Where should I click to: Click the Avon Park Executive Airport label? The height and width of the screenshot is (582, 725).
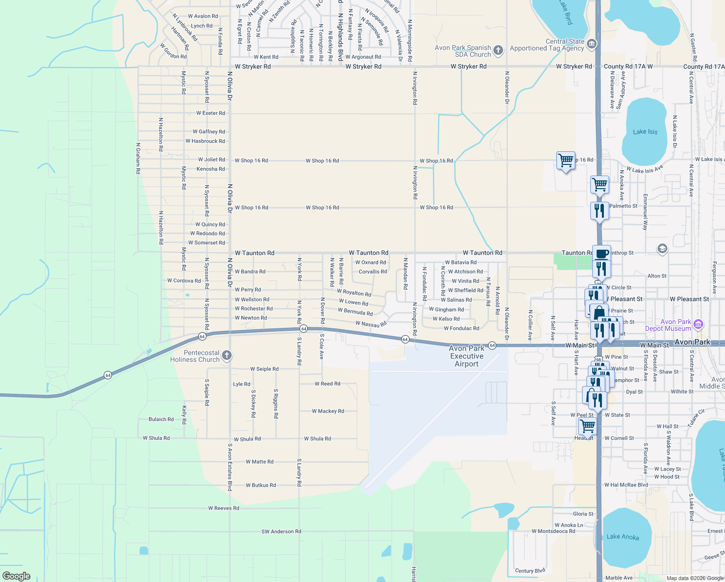pyautogui.click(x=466, y=356)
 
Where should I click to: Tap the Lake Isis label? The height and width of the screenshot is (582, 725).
pyautogui.click(x=645, y=132)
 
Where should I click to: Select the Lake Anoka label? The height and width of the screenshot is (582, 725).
pyautogui.click(x=623, y=537)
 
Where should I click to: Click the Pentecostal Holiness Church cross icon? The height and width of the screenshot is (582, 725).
pyautogui.click(x=226, y=356)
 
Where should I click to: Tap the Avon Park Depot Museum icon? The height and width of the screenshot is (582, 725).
pyautogui.click(x=698, y=324)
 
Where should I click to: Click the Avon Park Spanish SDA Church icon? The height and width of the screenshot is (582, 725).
pyautogui.click(x=498, y=50)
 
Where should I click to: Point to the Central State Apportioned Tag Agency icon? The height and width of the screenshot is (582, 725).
pyautogui.click(x=591, y=44)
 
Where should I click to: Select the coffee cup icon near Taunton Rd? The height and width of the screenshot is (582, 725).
pyautogui.click(x=601, y=254)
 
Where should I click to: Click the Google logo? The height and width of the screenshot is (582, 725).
pyautogui.click(x=16, y=576)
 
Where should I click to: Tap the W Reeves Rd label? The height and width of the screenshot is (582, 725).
pyautogui.click(x=223, y=508)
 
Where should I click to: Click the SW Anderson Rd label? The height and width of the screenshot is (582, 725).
pyautogui.click(x=281, y=532)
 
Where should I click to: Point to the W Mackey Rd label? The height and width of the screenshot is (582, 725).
pyautogui.click(x=328, y=411)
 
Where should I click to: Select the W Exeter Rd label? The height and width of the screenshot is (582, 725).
pyautogui.click(x=210, y=113)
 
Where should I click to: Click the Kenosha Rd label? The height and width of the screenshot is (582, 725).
pyautogui.click(x=210, y=169)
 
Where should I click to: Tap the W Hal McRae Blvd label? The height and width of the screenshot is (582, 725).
pyautogui.click(x=626, y=485)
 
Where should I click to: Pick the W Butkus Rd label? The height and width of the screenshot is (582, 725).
pyautogui.click(x=260, y=485)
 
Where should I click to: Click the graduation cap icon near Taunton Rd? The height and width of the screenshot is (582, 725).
pyautogui.click(x=662, y=249)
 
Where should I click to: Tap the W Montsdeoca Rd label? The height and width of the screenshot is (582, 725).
pyautogui.click(x=553, y=531)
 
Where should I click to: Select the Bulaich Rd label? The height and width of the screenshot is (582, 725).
pyautogui.click(x=161, y=420)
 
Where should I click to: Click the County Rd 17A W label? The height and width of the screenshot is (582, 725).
pyautogui.click(x=628, y=66)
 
